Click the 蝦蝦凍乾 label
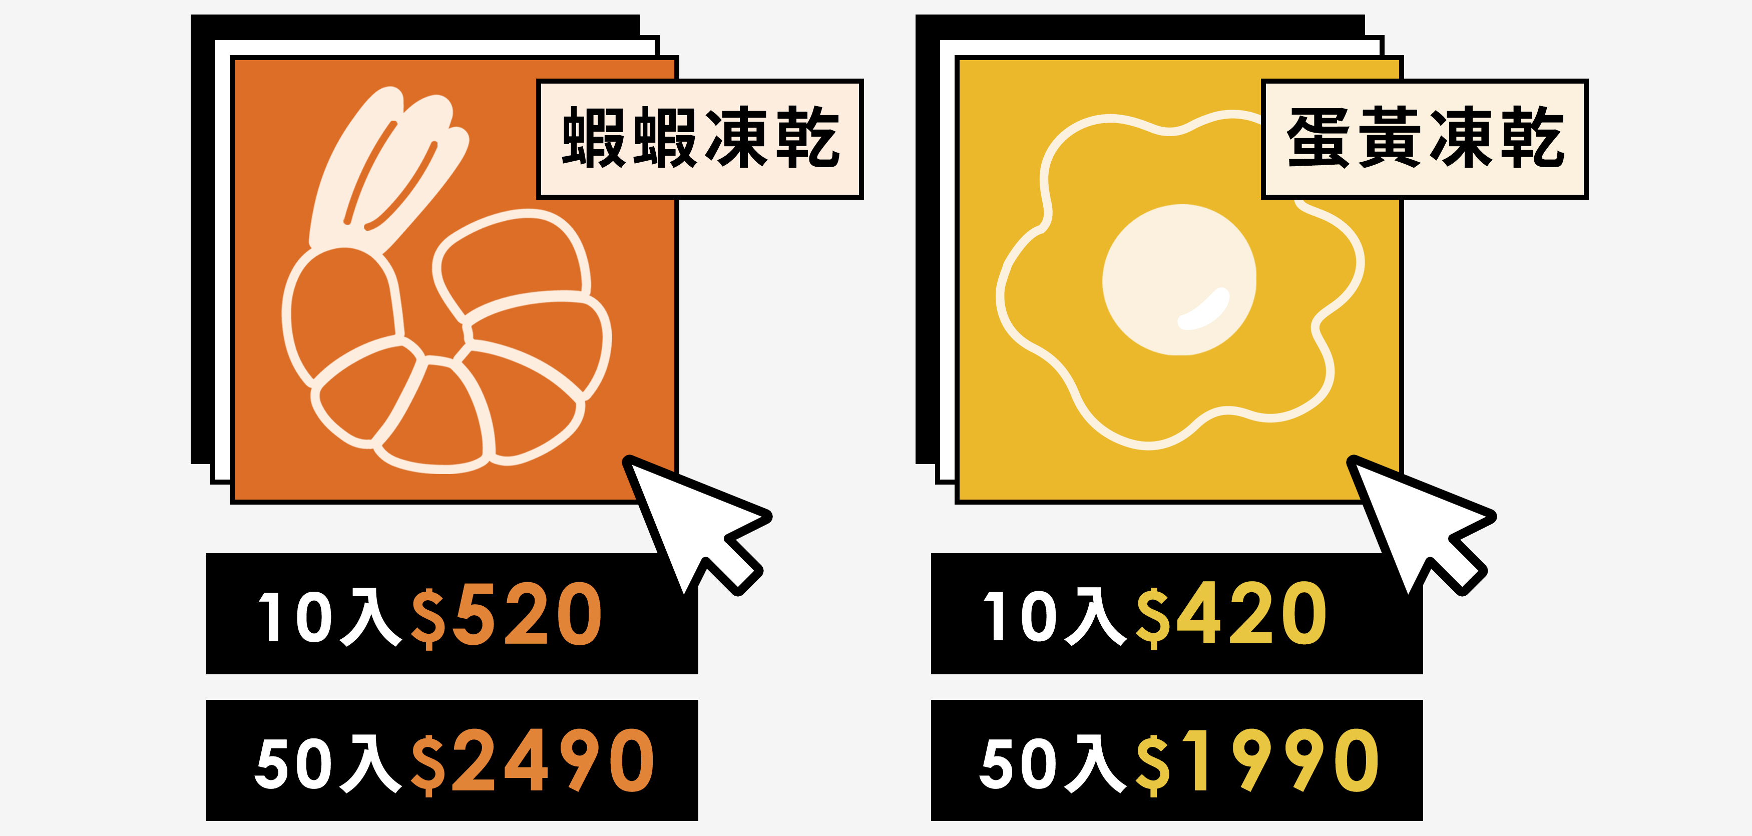point(700,139)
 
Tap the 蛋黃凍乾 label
point(1424,139)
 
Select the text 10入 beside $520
point(330,616)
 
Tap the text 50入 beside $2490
point(329,762)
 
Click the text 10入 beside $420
point(1055,616)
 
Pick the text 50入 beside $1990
point(1054,762)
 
